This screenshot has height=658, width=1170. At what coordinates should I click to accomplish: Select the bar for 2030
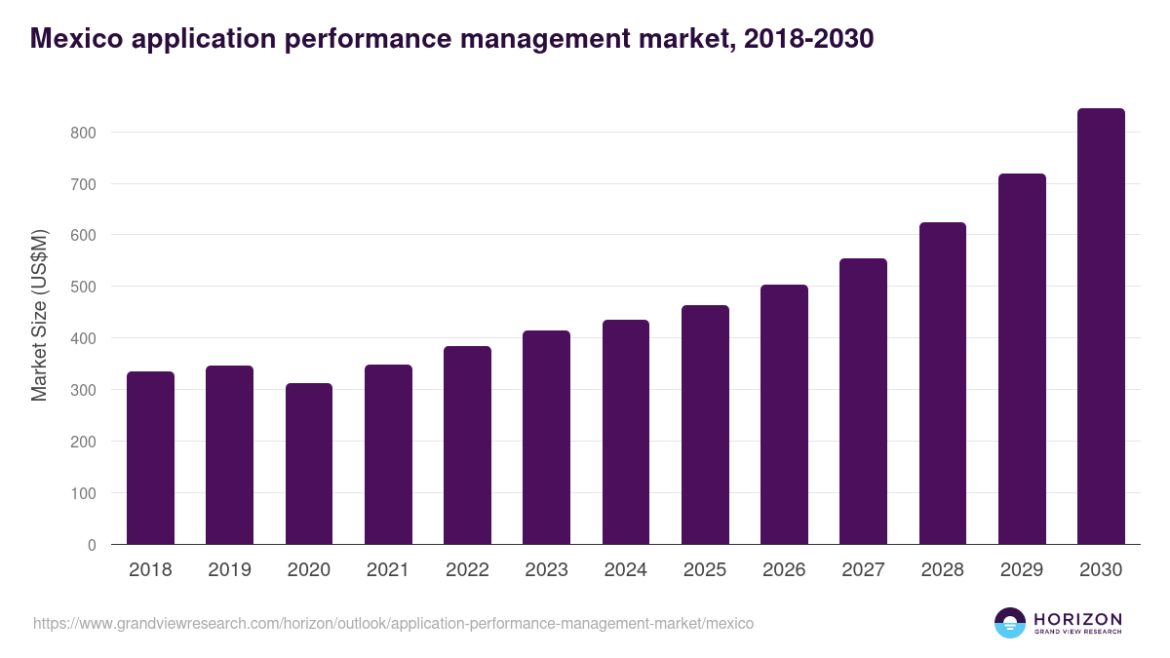pos(1101,327)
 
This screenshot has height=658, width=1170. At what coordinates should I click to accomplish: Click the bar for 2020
pos(309,464)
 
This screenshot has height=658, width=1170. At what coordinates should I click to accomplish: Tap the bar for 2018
pos(150,458)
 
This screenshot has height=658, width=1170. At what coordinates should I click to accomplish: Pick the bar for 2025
pos(705,425)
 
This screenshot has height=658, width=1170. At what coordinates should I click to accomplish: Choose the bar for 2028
pos(943,383)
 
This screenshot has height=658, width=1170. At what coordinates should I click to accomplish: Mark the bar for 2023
pos(546,438)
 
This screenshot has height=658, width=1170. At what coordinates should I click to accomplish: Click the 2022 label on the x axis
pos(467,570)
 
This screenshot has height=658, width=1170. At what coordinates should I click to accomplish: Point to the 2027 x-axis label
pos(863,570)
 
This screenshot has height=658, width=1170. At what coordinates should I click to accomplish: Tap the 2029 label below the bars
pos(1022,570)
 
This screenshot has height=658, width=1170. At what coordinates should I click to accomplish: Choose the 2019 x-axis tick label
pos(229,570)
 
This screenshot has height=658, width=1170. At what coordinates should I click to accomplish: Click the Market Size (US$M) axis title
pos(40,315)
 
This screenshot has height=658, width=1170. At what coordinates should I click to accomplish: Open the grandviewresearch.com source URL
pos(393,623)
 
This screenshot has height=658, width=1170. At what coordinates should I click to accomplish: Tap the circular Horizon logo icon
pos(1010,623)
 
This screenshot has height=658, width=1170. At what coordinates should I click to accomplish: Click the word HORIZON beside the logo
pos(1077,619)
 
